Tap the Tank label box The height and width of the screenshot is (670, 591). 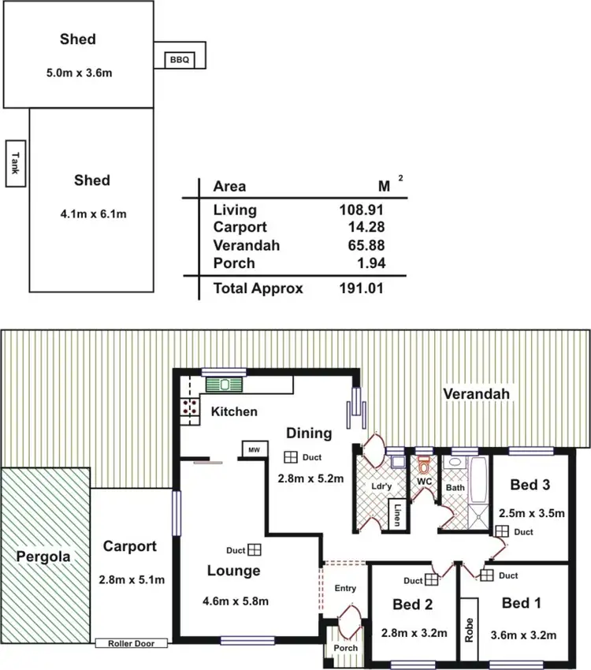tap(13, 164)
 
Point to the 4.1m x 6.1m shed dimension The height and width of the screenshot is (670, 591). tap(91, 213)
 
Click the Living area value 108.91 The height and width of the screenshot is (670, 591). tap(361, 210)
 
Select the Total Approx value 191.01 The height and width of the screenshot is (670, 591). tap(361, 288)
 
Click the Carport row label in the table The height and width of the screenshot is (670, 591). tap(239, 228)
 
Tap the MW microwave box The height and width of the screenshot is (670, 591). tap(253, 449)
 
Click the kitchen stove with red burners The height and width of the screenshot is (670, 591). tap(190, 408)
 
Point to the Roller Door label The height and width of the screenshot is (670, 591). tap(132, 643)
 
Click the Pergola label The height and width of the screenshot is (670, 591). tap(43, 556)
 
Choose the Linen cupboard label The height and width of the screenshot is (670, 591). tap(399, 515)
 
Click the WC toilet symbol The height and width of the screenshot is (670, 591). tap(425, 465)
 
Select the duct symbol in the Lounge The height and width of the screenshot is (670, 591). tap(255, 550)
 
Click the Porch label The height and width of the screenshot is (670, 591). tap(345, 648)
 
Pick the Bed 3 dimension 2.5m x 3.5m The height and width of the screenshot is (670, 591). tap(533, 512)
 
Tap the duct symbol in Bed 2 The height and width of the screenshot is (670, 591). tap(431, 579)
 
